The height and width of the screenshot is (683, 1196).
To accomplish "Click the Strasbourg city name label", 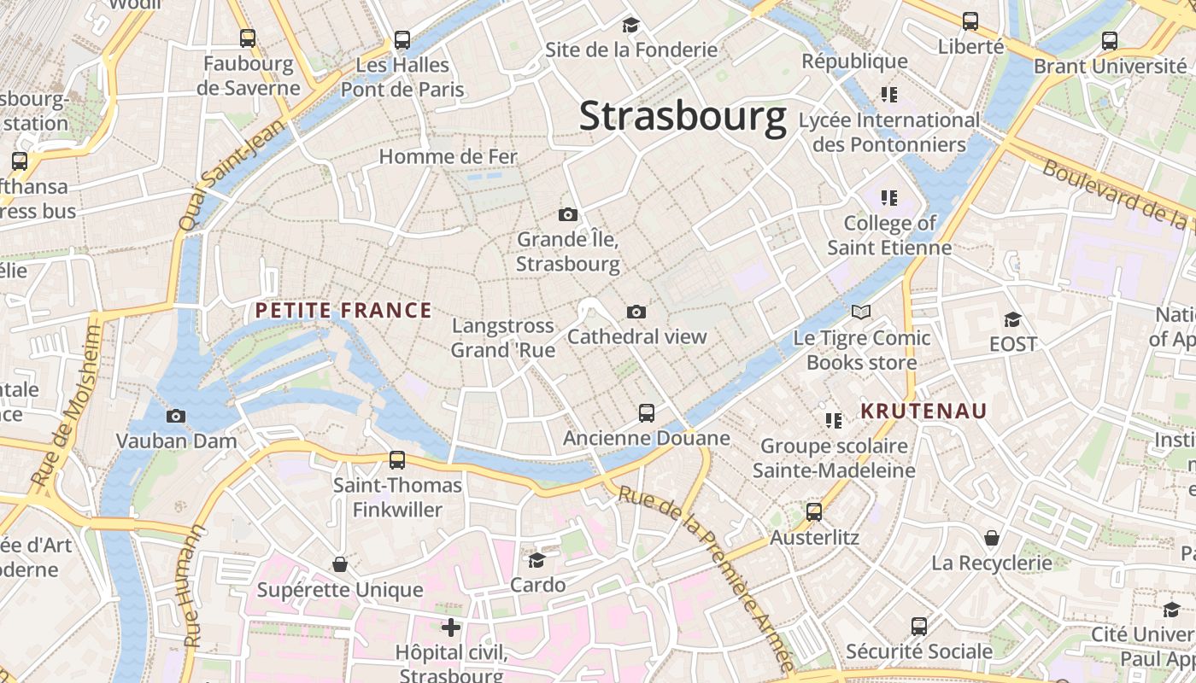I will [x=683, y=117].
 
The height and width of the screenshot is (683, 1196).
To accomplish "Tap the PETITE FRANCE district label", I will [x=343, y=311].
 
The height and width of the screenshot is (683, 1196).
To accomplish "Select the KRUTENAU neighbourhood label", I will [x=923, y=412].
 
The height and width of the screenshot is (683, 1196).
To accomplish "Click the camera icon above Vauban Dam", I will [x=176, y=416].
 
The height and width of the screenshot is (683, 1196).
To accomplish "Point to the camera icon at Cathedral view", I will [x=636, y=312].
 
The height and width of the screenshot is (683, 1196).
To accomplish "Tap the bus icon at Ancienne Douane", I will [x=647, y=413].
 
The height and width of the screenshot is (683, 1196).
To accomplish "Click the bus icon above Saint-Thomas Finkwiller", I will [x=397, y=460].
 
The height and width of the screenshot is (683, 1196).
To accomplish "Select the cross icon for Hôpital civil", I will [x=451, y=628].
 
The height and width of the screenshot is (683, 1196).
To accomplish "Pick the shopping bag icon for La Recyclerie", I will [x=992, y=538].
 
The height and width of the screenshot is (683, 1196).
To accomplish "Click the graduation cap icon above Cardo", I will [x=537, y=560].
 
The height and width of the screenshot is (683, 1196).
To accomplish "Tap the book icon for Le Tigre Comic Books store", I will [x=861, y=312].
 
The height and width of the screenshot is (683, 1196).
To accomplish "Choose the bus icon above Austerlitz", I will [x=814, y=512].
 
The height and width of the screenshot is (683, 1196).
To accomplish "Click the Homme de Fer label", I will [x=448, y=157].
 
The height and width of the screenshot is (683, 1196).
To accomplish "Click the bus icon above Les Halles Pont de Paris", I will [x=402, y=39].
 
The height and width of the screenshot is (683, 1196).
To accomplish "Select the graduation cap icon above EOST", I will [x=1012, y=319].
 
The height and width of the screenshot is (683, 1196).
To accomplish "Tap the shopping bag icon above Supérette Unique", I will [x=340, y=564].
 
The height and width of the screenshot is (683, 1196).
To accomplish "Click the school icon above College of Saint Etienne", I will [x=889, y=198].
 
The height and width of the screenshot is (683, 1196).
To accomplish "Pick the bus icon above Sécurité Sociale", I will [x=919, y=626].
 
